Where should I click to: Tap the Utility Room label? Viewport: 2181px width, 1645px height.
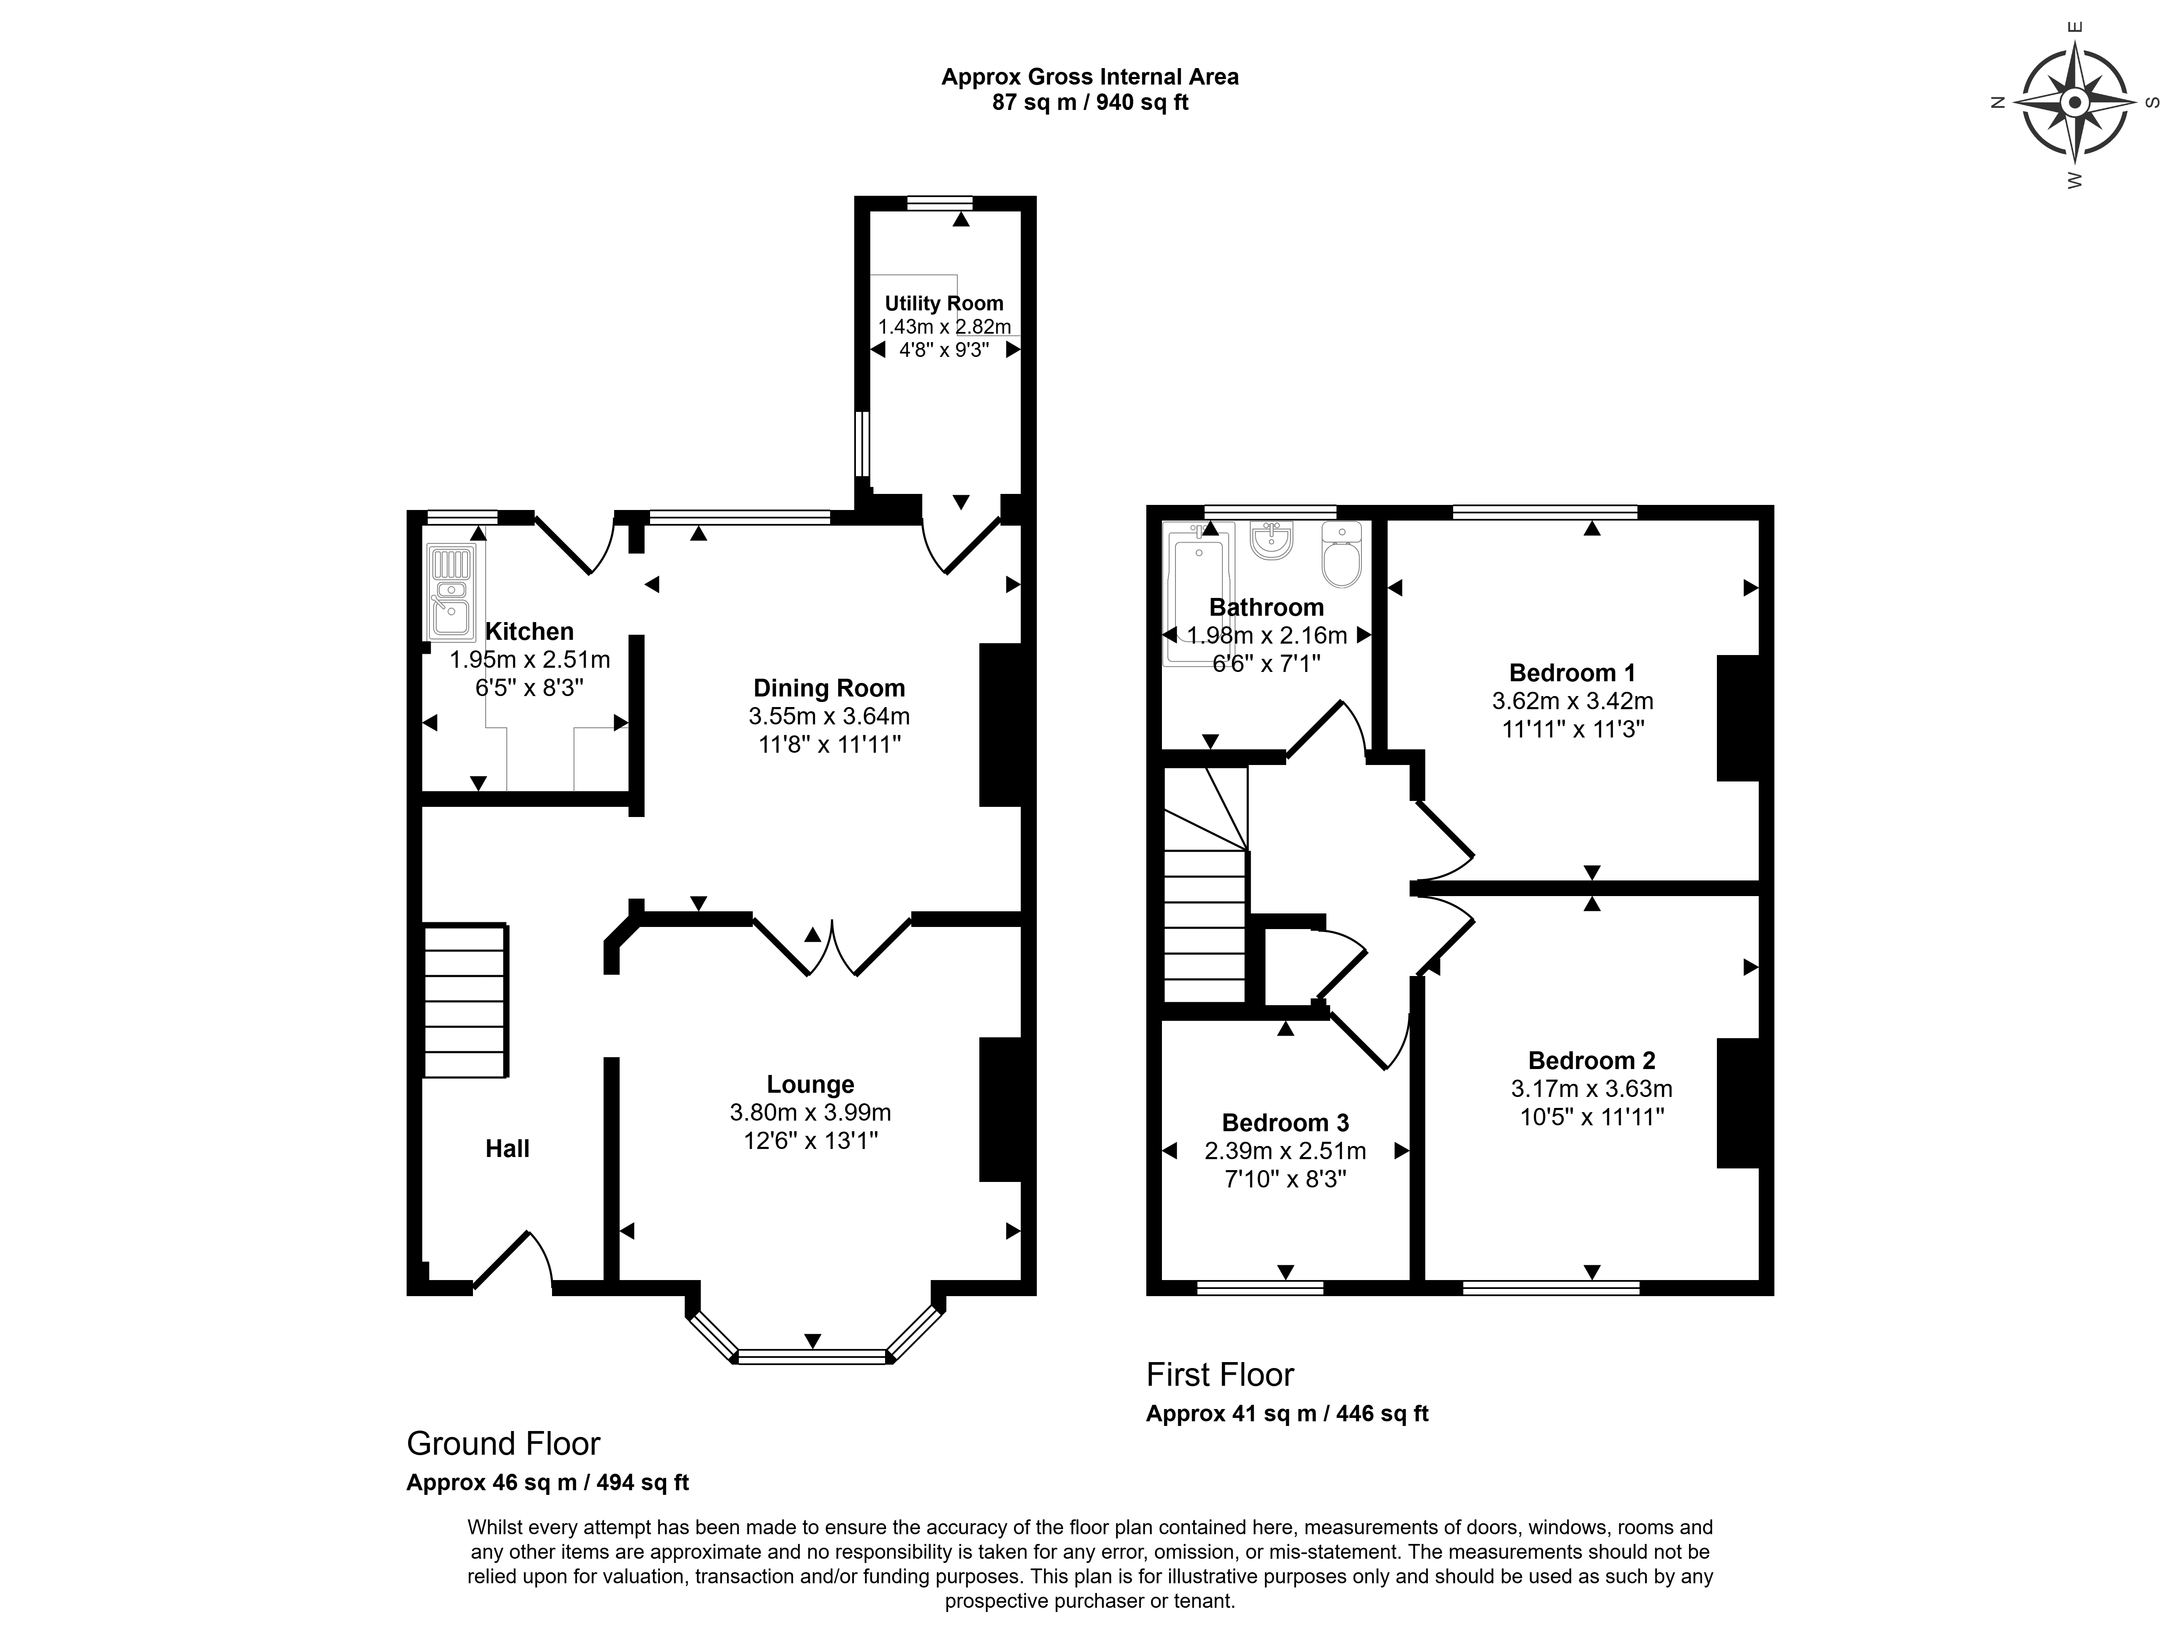tap(943, 304)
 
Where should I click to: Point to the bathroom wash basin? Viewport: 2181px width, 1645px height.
tap(1271, 540)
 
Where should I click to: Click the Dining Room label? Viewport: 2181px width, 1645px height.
tap(829, 688)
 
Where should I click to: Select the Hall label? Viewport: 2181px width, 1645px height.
tap(508, 1149)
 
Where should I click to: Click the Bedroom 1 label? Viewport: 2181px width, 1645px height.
tap(1573, 674)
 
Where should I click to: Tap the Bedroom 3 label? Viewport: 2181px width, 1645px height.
tap(1286, 1123)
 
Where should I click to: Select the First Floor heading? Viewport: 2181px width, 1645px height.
tap(1221, 1375)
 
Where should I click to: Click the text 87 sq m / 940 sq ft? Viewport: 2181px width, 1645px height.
tap(1090, 103)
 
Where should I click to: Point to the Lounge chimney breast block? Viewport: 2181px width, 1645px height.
tap(1000, 1110)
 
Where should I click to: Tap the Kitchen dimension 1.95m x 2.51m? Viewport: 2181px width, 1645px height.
tap(530, 660)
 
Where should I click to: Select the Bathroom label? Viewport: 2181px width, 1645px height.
tap(1267, 608)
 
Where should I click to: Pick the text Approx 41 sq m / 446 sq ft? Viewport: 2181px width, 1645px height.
tap(1288, 1413)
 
